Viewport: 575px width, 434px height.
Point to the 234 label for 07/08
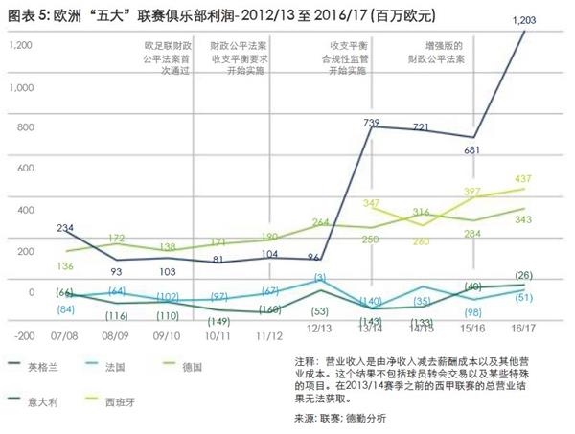click(x=65, y=227)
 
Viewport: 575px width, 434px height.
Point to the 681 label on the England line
click(x=471, y=150)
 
